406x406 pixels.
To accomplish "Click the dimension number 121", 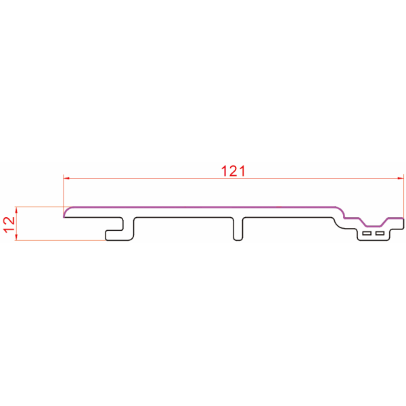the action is (233, 171).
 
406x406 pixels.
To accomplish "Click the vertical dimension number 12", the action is (9, 225).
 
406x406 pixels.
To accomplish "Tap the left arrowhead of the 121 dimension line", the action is (66, 178).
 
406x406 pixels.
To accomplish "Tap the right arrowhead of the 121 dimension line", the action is (401, 178).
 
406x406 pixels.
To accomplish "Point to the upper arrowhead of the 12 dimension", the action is (16, 210).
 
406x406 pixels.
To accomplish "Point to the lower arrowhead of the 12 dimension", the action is (16, 238).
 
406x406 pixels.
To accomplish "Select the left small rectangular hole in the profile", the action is (367, 233).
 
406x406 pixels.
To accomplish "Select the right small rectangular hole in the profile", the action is (380, 233).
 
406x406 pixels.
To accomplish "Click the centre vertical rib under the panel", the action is (238, 229).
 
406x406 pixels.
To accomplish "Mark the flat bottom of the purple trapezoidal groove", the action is (373, 226).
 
